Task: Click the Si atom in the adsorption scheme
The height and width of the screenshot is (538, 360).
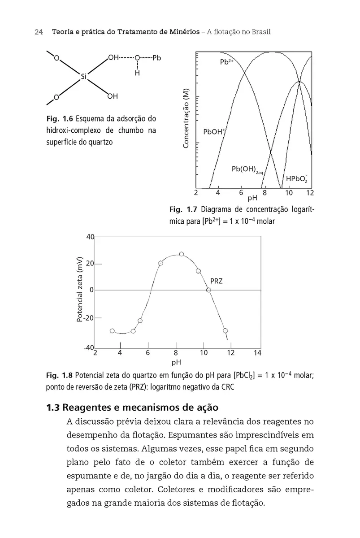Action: coord(83,76)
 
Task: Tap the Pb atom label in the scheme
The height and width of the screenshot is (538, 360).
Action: coord(156,58)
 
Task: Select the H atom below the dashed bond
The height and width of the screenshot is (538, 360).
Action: coord(137,73)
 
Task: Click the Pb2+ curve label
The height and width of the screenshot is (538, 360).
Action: coord(227,62)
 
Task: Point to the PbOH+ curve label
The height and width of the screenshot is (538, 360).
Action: coord(214,132)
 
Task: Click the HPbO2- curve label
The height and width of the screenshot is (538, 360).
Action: coord(296,178)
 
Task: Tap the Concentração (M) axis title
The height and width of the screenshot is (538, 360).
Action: coord(187,117)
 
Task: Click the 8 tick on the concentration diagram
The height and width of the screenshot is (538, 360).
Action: coord(265,193)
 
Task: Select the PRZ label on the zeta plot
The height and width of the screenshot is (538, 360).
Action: coord(217,282)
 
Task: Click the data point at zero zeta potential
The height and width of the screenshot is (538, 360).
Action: coord(208,290)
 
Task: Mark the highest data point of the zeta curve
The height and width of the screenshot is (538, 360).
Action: coord(182,254)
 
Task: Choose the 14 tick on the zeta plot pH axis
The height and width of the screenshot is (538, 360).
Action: coord(257,353)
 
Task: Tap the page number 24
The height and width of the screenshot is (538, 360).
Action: coord(38,32)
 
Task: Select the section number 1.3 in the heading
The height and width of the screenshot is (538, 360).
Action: coord(53,408)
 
